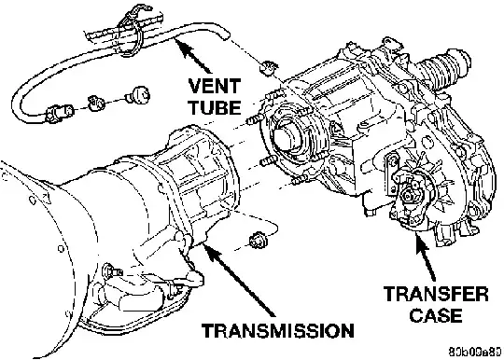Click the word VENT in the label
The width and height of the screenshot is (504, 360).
click(215, 86)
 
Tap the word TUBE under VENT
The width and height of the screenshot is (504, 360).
click(215, 107)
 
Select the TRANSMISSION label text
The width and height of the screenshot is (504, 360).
click(278, 330)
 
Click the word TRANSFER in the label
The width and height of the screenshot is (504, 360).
click(436, 294)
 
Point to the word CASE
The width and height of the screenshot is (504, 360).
click(436, 315)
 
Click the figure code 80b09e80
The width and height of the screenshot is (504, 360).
click(475, 351)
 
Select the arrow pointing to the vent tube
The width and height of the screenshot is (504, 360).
click(192, 55)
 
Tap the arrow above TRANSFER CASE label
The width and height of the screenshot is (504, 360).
click(426, 258)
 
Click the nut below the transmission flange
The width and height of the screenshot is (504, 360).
click(258, 241)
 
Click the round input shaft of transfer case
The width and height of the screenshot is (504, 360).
click(284, 136)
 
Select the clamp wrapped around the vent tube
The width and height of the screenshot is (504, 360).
click(132, 31)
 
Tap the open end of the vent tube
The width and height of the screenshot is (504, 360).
click(226, 34)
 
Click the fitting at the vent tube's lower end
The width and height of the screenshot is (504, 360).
click(59, 114)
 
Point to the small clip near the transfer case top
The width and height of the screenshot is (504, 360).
click(269, 68)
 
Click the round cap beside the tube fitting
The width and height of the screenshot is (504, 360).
click(138, 94)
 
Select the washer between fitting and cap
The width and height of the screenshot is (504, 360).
click(96, 103)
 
